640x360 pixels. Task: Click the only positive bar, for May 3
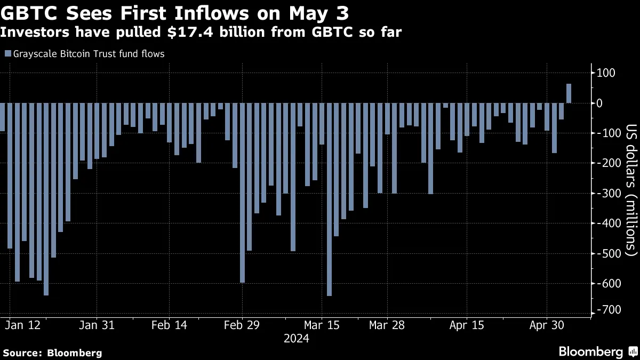point(569,93)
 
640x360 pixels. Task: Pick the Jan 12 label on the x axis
point(25,325)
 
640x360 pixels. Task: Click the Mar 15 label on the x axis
point(322,325)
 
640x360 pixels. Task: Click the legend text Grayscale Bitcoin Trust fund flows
point(88,54)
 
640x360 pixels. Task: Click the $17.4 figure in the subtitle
point(180,33)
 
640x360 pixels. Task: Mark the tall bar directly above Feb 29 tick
point(242,193)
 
